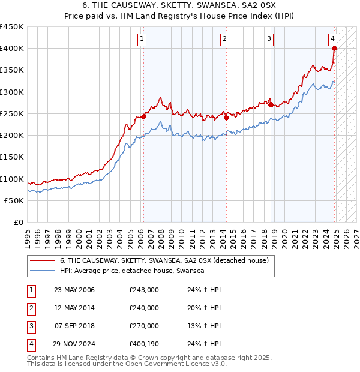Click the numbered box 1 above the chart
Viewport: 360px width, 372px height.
(x=142, y=40)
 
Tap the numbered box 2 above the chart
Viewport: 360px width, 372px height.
(x=224, y=40)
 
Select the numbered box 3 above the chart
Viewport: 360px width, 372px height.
(x=269, y=40)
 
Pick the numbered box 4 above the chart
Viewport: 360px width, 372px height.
(x=332, y=40)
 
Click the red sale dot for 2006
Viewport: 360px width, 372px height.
(x=144, y=117)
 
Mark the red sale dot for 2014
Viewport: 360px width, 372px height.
(x=226, y=118)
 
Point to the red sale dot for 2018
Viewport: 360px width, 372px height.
(x=271, y=105)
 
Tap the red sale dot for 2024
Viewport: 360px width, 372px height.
(x=335, y=49)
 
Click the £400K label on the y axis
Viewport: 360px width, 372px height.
(x=11, y=49)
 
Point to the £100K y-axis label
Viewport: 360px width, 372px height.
(x=11, y=179)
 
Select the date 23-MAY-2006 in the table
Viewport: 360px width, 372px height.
(x=74, y=290)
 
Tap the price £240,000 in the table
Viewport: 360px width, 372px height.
(x=144, y=308)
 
